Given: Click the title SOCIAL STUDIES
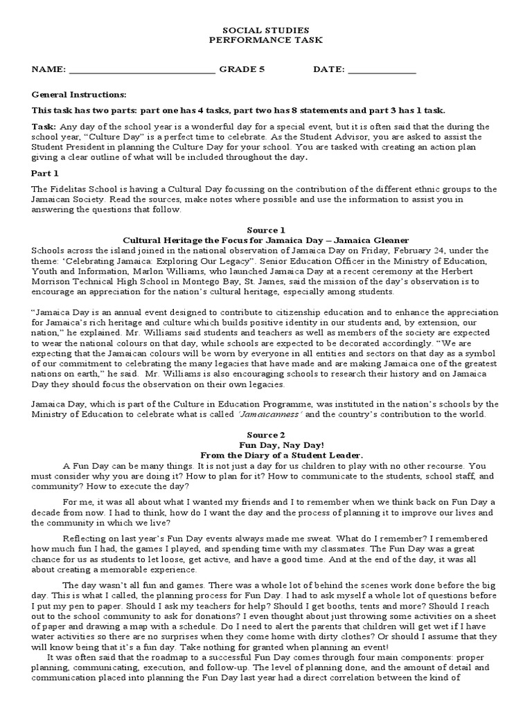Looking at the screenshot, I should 265,31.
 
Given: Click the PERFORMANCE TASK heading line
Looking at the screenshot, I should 265,41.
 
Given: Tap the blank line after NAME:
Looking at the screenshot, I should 142,71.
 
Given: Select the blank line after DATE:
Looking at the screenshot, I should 382,71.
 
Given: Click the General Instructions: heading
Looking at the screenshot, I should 79,94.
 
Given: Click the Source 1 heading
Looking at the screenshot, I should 265,230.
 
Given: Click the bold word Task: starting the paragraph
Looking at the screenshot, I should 44,127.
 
